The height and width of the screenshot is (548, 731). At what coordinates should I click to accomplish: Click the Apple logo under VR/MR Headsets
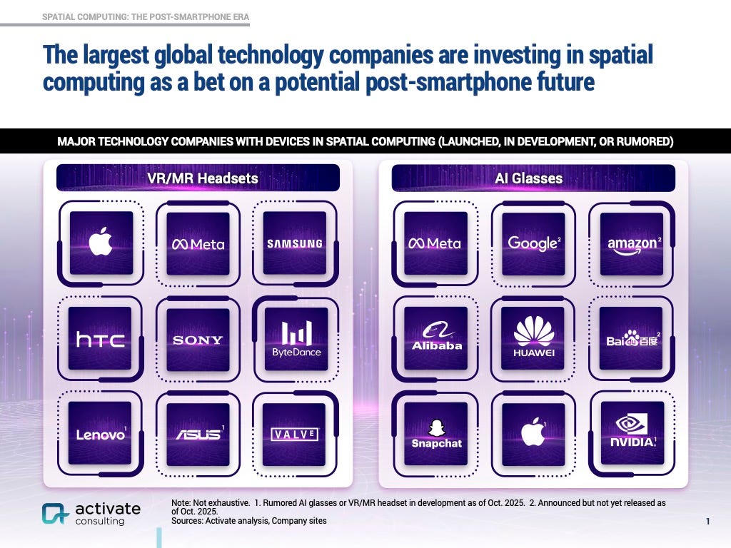tap(101, 243)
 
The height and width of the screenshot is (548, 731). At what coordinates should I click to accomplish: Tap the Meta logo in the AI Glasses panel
tap(435, 243)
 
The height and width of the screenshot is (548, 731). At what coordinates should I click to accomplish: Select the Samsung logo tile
tap(294, 243)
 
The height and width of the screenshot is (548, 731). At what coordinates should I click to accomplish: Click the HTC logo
tap(101, 340)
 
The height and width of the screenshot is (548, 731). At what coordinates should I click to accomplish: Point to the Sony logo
tap(198, 340)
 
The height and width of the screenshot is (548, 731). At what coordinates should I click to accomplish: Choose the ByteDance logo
tap(296, 339)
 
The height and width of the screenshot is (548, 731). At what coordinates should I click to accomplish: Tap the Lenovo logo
tap(101, 434)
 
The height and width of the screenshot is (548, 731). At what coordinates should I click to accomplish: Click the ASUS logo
tap(198, 434)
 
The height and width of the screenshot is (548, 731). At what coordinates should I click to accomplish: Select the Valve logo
tap(294, 434)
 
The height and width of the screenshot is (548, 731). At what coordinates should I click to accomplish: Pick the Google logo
tap(533, 243)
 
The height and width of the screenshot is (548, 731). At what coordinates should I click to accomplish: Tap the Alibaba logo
tap(436, 338)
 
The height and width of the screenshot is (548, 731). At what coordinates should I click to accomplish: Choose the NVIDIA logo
tap(632, 432)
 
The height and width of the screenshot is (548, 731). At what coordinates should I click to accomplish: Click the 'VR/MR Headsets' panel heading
tap(198, 178)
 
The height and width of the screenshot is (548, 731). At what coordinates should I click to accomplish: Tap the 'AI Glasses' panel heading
tap(533, 178)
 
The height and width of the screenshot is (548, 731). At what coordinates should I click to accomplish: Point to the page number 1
tap(707, 522)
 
